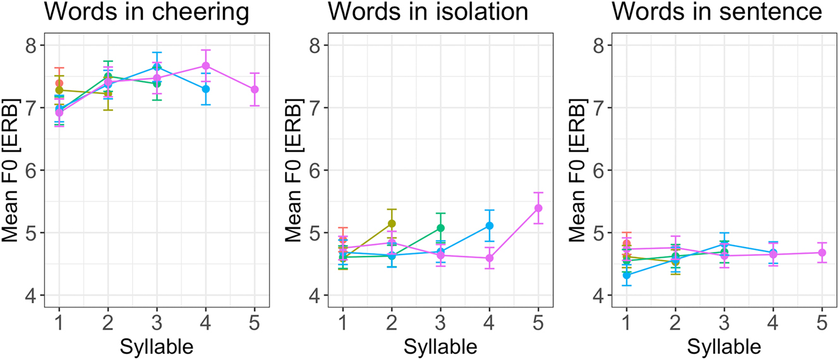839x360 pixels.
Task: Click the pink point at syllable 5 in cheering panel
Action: pyautogui.click(x=255, y=90)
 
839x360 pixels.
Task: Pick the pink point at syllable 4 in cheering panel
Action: pyautogui.click(x=206, y=66)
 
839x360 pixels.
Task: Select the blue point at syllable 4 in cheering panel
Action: pyautogui.click(x=206, y=89)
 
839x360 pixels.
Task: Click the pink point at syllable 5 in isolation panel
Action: pyautogui.click(x=538, y=208)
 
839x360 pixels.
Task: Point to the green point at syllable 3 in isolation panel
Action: pyautogui.click(x=440, y=228)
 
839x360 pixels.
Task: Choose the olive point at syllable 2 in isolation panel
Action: pyautogui.click(x=392, y=224)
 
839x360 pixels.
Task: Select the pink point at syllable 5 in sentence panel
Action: pyautogui.click(x=822, y=253)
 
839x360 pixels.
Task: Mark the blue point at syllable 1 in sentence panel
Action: pyautogui.click(x=626, y=275)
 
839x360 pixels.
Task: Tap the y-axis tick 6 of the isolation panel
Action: pyautogui.click(x=315, y=171)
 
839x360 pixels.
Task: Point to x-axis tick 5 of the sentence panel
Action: pyautogui.click(x=822, y=323)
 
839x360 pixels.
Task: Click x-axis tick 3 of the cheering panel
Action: pyautogui.click(x=157, y=323)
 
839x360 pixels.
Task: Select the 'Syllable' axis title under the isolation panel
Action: pyautogui.click(x=440, y=346)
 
